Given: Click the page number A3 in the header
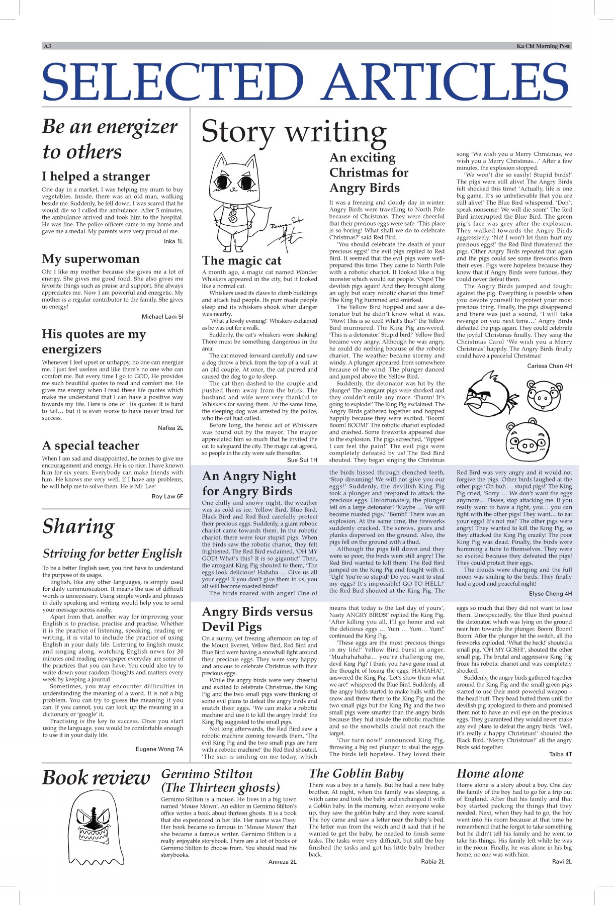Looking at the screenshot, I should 48,46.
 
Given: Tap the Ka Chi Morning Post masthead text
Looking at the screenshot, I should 543,46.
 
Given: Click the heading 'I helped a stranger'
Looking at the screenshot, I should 96,176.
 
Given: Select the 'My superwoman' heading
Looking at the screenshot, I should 91,259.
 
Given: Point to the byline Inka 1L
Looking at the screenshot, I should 173,241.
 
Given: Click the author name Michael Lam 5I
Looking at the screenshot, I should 162,317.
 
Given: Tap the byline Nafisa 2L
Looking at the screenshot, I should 170,428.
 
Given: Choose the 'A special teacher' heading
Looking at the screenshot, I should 91,445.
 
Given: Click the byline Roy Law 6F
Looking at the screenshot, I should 167,496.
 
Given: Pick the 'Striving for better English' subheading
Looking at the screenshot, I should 112,554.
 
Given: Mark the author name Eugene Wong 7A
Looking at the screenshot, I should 159,749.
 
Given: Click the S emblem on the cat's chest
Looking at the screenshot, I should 232,217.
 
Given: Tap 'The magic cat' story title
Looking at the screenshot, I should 241,260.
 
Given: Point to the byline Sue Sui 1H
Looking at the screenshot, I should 302,460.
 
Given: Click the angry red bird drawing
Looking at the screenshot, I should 489,396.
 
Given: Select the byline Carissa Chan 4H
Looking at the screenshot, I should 549,366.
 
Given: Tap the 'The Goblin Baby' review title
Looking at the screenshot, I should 356,774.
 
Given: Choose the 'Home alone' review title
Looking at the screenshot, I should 490,774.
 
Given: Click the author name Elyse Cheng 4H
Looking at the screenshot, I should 550,594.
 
